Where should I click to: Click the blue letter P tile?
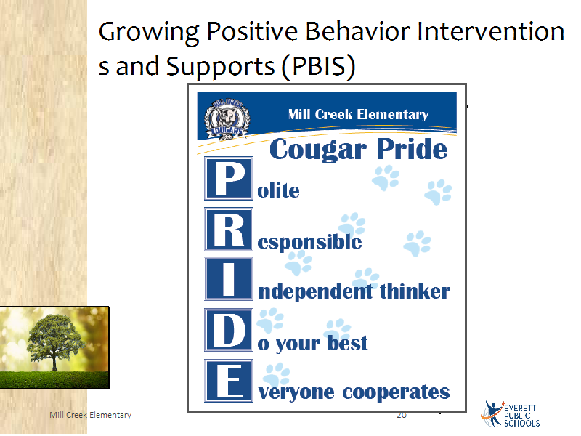point(229,178)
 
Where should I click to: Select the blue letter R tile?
point(229,229)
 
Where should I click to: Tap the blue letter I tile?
point(229,279)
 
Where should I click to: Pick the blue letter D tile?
point(229,330)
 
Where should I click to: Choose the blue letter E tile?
point(229,381)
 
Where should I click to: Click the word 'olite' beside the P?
point(278,191)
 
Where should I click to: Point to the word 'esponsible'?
point(309,243)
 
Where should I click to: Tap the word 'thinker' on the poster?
point(415,291)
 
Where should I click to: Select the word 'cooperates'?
point(396,392)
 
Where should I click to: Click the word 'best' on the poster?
point(348,342)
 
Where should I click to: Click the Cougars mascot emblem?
point(227,119)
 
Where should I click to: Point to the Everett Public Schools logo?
point(511,414)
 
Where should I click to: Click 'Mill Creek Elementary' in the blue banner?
point(358,114)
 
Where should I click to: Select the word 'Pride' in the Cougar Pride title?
point(412,149)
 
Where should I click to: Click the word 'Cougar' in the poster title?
point(318,150)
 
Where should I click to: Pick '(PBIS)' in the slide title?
point(319,66)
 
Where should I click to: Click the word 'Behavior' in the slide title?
point(357,31)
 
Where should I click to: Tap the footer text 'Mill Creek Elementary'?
point(90,415)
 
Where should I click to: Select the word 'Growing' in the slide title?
point(149,33)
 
